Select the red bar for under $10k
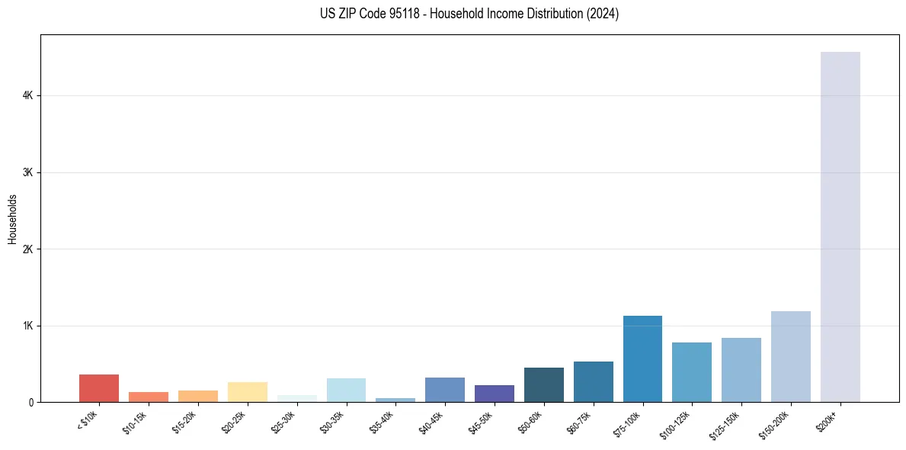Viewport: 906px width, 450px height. tap(99, 388)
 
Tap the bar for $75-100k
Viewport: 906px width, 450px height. tap(642, 359)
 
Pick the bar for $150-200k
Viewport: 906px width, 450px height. tap(790, 357)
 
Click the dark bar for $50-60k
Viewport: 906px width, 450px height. tap(543, 385)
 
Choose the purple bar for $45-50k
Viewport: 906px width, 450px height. tap(494, 394)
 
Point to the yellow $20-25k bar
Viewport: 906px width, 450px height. tap(247, 392)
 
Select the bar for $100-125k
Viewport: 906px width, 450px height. tap(692, 372)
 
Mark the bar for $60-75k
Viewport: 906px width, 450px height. tap(593, 382)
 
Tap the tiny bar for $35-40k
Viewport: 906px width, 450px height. tap(395, 400)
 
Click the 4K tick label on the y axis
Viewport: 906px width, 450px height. tap(27, 95)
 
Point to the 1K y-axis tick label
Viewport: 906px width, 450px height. tap(27, 326)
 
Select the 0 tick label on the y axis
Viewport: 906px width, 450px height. tap(30, 403)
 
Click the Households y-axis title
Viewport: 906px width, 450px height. tap(12, 219)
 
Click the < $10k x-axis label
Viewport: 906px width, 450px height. tap(88, 421)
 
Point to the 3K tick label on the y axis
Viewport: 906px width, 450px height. tap(27, 172)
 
